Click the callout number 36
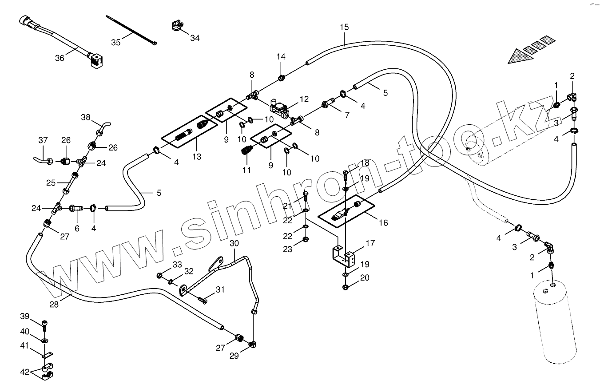point(60,58)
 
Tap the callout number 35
point(115,43)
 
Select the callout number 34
point(195,38)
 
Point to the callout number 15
point(345,27)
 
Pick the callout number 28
point(54,305)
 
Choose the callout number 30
point(234,243)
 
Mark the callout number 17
point(370,243)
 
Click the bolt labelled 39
point(44,325)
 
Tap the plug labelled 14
point(281,79)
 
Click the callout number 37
point(43,140)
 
